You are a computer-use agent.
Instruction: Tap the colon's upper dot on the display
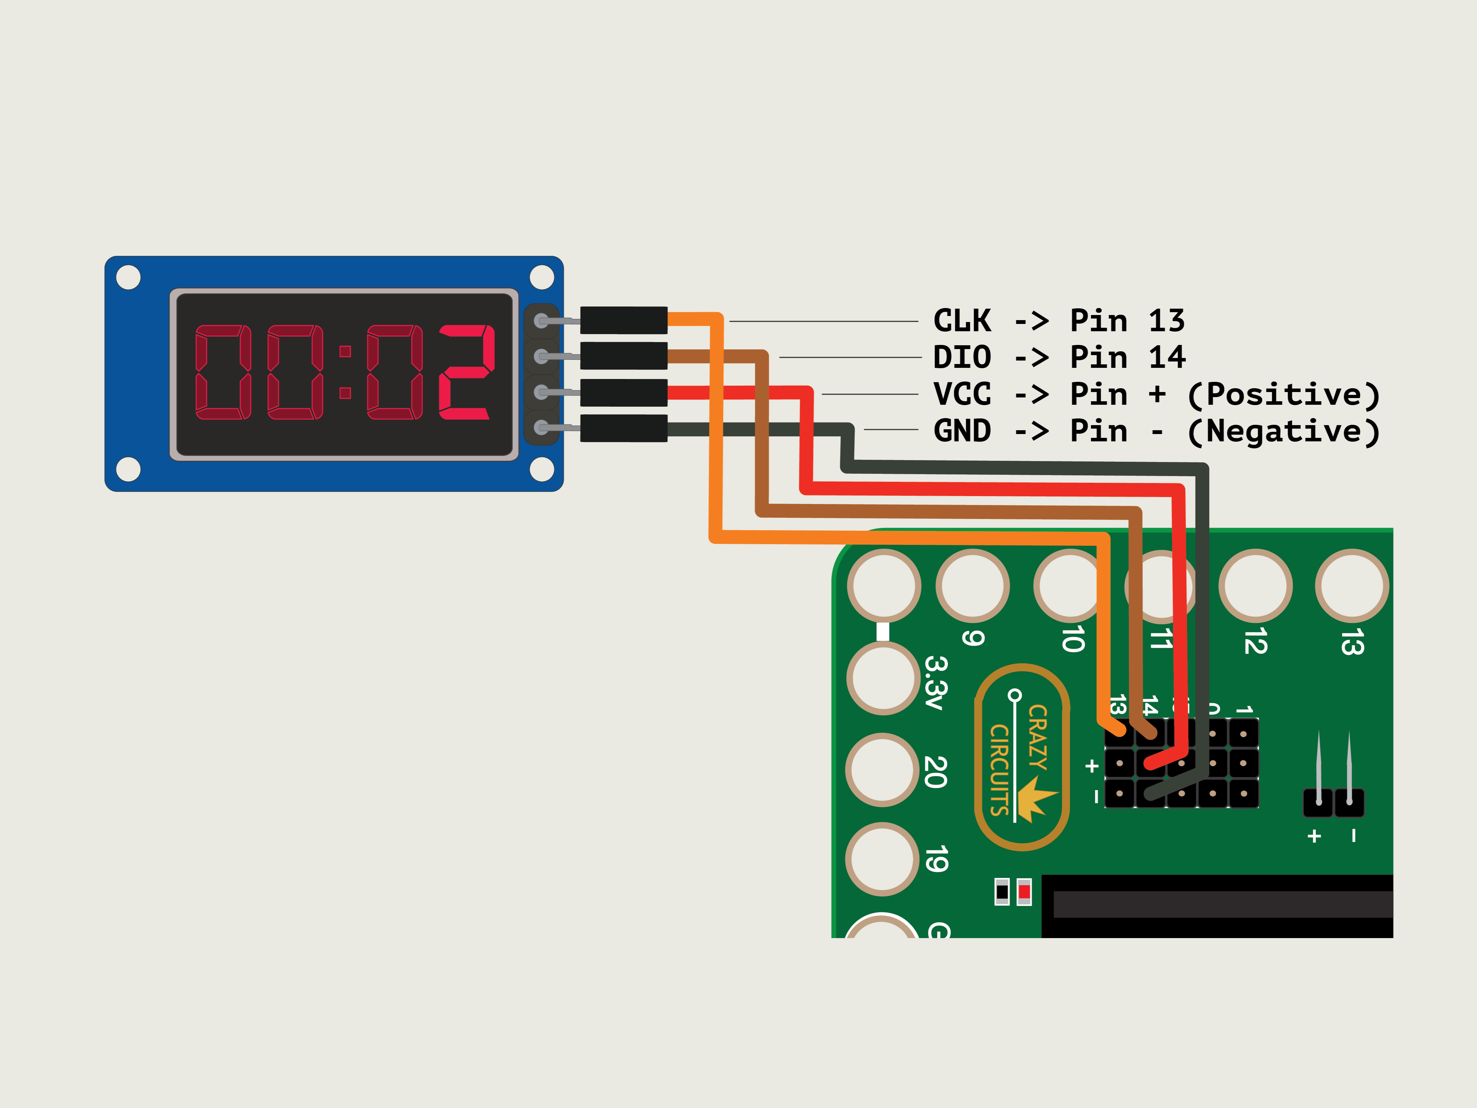coord(345,351)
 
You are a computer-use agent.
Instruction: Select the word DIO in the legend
coord(962,357)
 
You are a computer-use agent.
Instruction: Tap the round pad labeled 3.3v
coord(883,678)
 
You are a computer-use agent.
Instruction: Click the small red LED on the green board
coord(1024,892)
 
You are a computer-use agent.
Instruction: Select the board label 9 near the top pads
coord(973,638)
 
